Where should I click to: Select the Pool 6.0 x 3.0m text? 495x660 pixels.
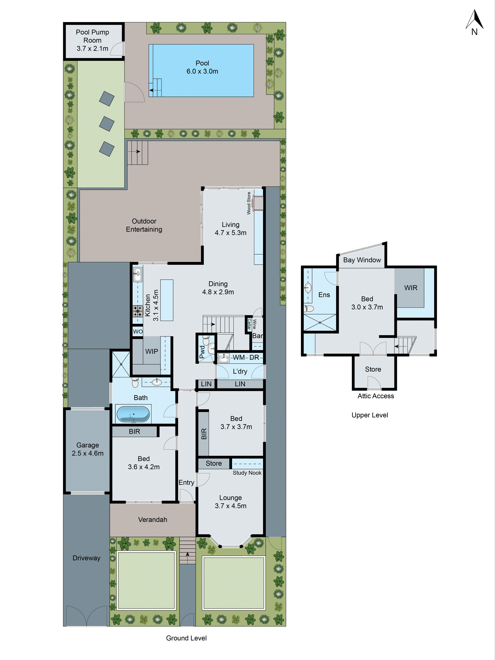tap(202, 67)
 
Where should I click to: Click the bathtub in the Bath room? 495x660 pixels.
tap(133, 414)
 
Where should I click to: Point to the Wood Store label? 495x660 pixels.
tap(249, 203)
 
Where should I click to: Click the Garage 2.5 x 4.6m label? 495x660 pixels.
tap(88, 449)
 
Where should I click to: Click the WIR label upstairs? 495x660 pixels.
tap(411, 288)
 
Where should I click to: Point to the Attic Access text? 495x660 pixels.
tap(376, 396)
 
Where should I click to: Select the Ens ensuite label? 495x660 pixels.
tap(324, 295)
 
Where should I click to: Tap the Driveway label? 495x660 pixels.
tap(86, 558)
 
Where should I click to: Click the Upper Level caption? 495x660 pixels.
tap(370, 415)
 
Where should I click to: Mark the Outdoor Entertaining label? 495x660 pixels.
tap(144, 225)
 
